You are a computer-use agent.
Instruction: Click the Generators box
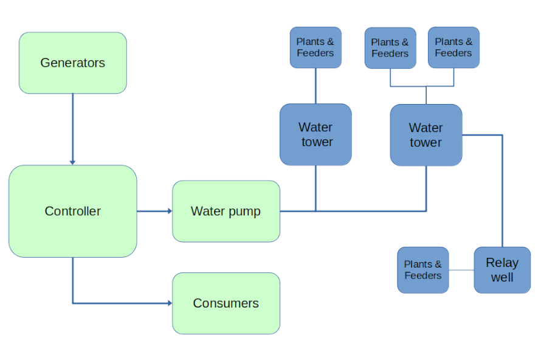click(72, 63)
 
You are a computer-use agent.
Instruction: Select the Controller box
click(72, 211)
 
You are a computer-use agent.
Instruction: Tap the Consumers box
click(226, 303)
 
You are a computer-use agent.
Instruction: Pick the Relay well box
click(502, 270)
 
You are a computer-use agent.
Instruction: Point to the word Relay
click(502, 263)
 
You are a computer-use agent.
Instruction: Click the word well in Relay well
click(502, 278)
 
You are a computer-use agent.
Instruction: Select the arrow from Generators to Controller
click(72, 128)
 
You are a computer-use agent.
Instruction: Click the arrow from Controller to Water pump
click(154, 211)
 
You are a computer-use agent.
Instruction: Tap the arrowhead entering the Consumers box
click(169, 303)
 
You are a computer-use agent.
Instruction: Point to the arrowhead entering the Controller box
click(72, 162)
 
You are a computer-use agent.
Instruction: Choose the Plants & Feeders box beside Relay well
click(422, 270)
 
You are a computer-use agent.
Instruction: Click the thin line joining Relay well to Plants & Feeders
click(461, 270)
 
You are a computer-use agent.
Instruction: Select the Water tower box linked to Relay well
click(425, 135)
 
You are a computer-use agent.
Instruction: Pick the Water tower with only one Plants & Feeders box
click(315, 134)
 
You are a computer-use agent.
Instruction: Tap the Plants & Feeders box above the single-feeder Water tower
click(315, 47)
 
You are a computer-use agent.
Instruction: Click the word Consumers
click(226, 303)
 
